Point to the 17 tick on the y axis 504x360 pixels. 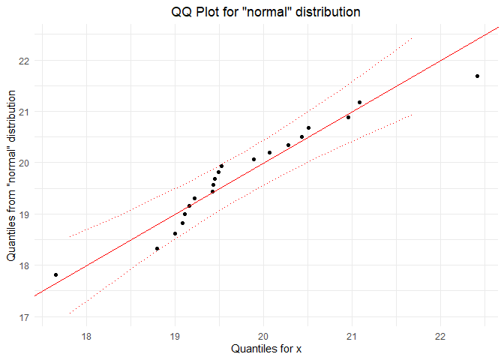[x=26, y=316]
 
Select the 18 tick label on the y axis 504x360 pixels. [x=26, y=265]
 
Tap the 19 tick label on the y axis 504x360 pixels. [x=26, y=214]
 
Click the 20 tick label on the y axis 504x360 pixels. [x=26, y=163]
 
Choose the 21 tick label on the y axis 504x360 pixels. [x=26, y=112]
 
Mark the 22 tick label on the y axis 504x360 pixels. [x=26, y=61]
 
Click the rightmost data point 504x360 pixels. [x=477, y=76]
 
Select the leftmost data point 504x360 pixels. [x=56, y=275]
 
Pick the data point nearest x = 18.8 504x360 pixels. [x=157, y=248]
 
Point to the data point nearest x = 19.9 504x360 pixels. [x=253, y=159]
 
